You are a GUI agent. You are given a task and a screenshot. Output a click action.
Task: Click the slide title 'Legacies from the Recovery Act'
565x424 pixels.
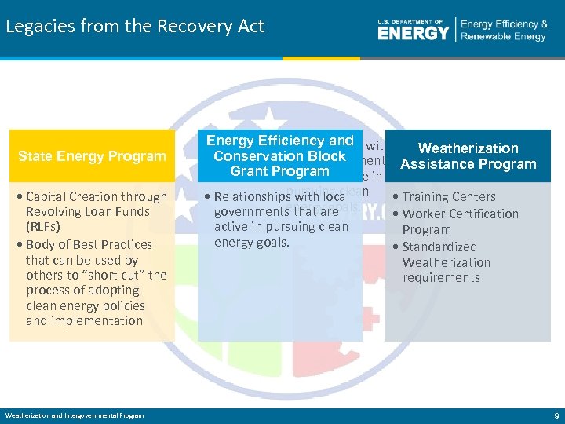[135, 26]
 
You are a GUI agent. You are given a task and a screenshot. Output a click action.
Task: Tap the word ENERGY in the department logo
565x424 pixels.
[413, 32]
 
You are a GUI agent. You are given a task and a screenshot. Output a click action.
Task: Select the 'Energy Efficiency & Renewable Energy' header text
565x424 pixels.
[504, 31]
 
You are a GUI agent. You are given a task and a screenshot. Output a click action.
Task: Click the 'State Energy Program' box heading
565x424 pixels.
[92, 156]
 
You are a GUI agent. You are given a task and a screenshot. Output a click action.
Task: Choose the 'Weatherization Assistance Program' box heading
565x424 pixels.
[468, 156]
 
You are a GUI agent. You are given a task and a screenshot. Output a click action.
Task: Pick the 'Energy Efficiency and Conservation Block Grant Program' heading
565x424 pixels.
[279, 155]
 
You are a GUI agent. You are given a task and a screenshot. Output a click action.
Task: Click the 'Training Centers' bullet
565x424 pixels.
[448, 197]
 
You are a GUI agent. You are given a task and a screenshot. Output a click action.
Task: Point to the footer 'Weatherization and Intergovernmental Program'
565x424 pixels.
[75, 415]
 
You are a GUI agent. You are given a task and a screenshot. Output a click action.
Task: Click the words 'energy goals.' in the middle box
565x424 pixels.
[252, 243]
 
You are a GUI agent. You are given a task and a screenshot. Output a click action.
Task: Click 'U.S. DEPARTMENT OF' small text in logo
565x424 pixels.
[410, 21]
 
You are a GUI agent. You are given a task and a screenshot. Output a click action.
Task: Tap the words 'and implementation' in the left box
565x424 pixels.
[84, 320]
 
